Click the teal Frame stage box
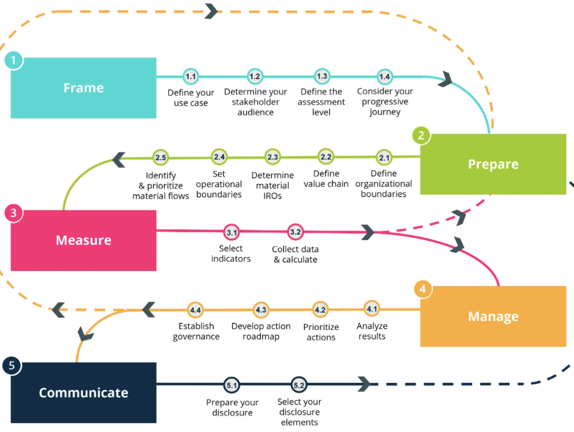pos(84,88)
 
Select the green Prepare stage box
pos(493,164)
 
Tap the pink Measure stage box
pos(84,241)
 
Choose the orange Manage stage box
pos(493,317)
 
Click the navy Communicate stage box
pos(84,392)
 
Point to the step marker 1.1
pos(191,77)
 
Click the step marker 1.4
pos(385,77)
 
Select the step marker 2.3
pos(273,157)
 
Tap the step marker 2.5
pos(160,157)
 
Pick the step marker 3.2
pos(295,232)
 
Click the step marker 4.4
pos(195,309)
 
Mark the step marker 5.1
pos(232,385)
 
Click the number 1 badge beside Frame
pos(13,61)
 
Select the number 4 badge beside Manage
pos(422,289)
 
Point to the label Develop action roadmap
pos(261,331)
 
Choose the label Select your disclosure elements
pos(299,412)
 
